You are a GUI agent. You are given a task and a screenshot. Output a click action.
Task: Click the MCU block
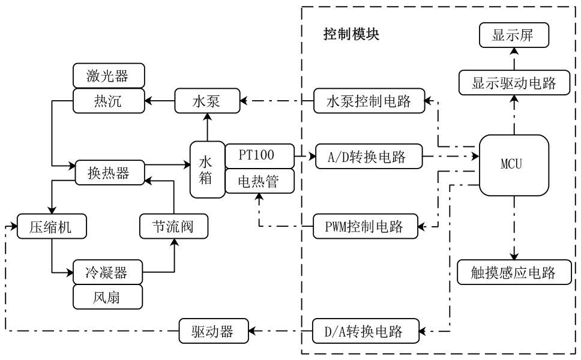[514, 165]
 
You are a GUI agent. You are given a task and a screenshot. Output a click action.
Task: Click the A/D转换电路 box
[369, 158]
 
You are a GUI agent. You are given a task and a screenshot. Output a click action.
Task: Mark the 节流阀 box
[173, 227]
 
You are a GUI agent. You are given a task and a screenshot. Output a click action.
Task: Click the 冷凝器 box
[109, 272]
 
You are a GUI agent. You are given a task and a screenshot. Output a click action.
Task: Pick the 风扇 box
[109, 296]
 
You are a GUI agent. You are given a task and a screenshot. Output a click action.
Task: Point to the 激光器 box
[109, 76]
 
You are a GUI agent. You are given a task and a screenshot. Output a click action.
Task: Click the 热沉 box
[109, 101]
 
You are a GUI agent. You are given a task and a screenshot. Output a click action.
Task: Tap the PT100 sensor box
[260, 155]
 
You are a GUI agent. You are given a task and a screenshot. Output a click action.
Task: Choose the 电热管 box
[260, 181]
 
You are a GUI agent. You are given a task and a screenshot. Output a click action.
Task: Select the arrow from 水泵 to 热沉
[160, 101]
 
